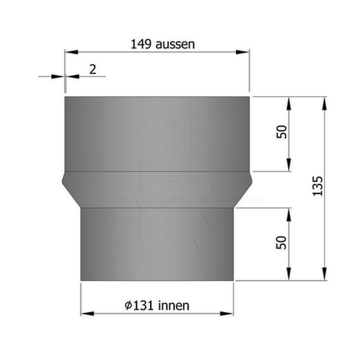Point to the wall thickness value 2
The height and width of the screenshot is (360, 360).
pos(93,69)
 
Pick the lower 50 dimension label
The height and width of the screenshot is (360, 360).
pos(282,243)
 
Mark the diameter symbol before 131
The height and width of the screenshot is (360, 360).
pos(129,306)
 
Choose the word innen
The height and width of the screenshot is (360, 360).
pos(174,306)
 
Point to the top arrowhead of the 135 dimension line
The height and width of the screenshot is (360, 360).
pos(324,102)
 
